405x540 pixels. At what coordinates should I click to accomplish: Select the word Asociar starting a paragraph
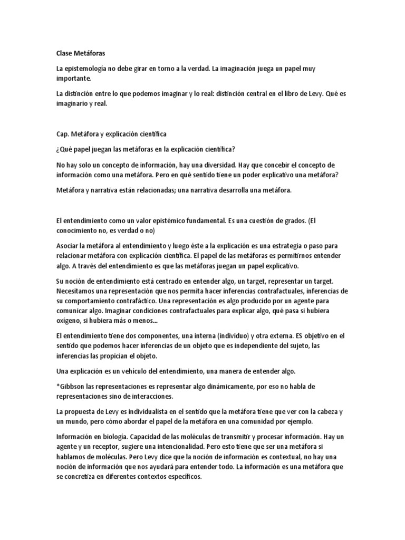point(67,246)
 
